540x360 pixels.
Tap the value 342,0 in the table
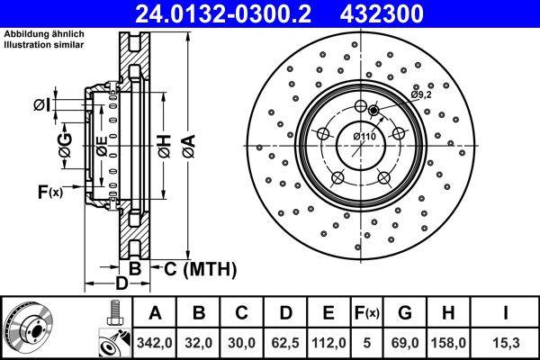tap(155, 341)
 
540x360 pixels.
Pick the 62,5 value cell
tap(286, 341)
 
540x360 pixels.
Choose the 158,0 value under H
tap(447, 341)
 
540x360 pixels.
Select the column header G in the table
tap(404, 313)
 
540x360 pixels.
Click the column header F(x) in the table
tap(366, 313)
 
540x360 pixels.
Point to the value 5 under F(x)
tap(366, 341)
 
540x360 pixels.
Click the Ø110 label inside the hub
tap(364, 136)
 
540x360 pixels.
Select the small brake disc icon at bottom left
tap(30, 327)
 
